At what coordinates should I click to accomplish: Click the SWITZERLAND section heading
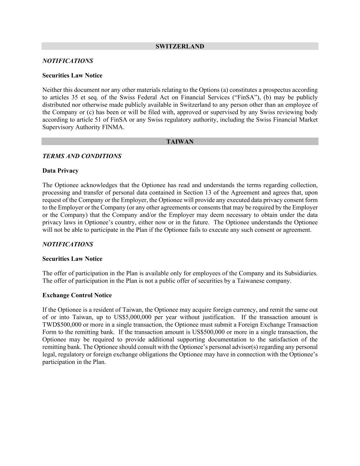pyautogui.click(x=180, y=46)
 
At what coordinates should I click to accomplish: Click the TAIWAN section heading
pyautogui.click(x=180, y=142)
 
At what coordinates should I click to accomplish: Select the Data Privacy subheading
pyautogui.click(x=60, y=171)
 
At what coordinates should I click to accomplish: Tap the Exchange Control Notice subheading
pyautogui.click(x=77, y=295)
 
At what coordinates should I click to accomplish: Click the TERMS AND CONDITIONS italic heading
pyautogui.click(x=82, y=156)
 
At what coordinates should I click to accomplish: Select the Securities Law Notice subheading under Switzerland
pyautogui.click(x=72, y=75)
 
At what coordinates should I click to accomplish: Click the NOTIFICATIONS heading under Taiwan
pyautogui.click(x=68, y=244)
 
